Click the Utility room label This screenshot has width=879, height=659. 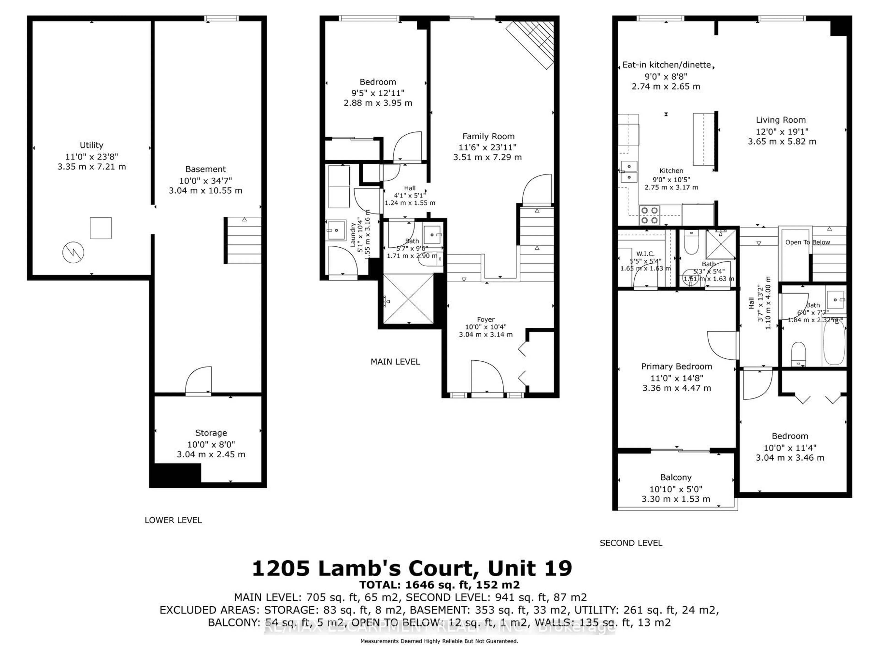pyautogui.click(x=91, y=145)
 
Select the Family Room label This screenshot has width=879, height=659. pyautogui.click(x=488, y=136)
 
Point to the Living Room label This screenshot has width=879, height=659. pyautogui.click(x=780, y=120)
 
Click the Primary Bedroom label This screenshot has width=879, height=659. pyautogui.click(x=676, y=366)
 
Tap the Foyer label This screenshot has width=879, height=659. pyautogui.click(x=486, y=319)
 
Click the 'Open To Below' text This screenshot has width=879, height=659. pyautogui.click(x=808, y=242)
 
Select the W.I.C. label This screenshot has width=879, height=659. pyautogui.click(x=645, y=254)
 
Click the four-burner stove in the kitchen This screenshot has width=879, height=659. pyautogui.click(x=649, y=215)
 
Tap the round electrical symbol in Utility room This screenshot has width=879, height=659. pyautogui.click(x=73, y=252)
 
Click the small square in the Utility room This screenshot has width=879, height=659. pyautogui.click(x=100, y=228)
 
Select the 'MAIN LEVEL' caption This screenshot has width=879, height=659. pyautogui.click(x=395, y=362)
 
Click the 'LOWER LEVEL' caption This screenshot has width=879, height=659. pyautogui.click(x=173, y=520)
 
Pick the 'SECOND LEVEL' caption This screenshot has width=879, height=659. pyautogui.click(x=631, y=543)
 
